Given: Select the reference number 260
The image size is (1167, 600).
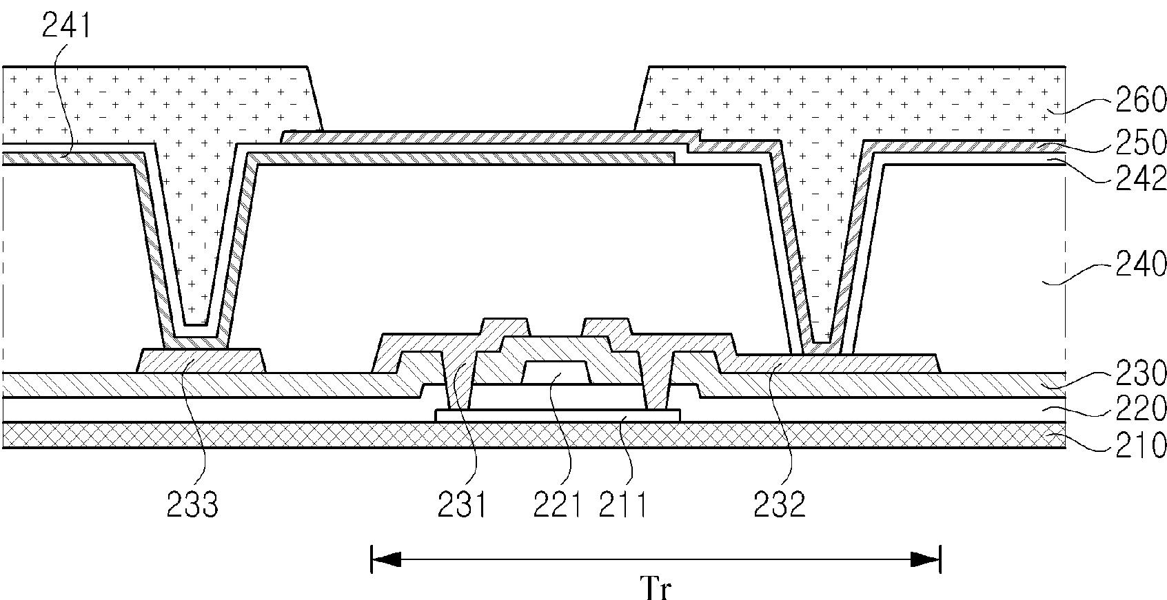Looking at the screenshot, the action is pyautogui.click(x=1140, y=100).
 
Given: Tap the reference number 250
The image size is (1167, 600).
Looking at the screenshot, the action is pyautogui.click(x=1140, y=142).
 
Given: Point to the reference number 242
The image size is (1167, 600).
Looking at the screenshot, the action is pyautogui.click(x=1140, y=179).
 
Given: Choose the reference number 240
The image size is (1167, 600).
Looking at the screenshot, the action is pyautogui.click(x=1140, y=265).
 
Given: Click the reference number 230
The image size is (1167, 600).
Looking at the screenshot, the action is pyautogui.click(x=1140, y=373).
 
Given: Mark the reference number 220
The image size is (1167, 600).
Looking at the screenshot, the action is pyautogui.click(x=1140, y=408).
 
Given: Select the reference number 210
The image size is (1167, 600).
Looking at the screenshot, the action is pyautogui.click(x=1140, y=446).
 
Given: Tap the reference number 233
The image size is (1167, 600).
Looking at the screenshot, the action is pyautogui.click(x=192, y=505).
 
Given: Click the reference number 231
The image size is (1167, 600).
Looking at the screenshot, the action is pyautogui.click(x=462, y=505).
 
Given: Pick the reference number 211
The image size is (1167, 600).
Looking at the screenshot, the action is pyautogui.click(x=622, y=505).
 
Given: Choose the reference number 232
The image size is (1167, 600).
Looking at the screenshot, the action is pyautogui.click(x=780, y=505).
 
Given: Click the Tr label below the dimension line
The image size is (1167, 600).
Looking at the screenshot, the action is pyautogui.click(x=656, y=588).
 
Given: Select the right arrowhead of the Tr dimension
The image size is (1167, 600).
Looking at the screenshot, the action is pyautogui.click(x=925, y=560).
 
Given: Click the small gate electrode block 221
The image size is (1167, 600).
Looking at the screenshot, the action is pyautogui.click(x=556, y=373).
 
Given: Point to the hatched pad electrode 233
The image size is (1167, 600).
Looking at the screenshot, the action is pyautogui.click(x=201, y=360).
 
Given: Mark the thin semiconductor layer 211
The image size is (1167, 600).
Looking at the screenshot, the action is pyautogui.click(x=558, y=415).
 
